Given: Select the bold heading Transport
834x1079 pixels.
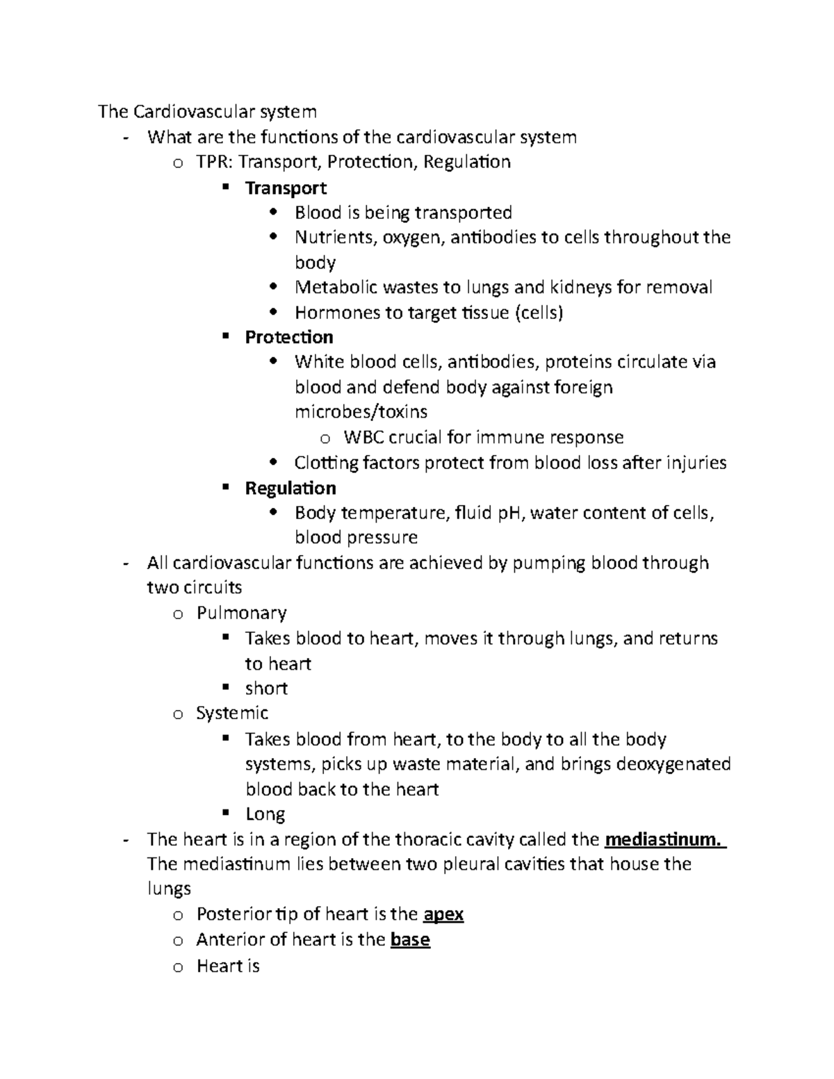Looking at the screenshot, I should (286, 188).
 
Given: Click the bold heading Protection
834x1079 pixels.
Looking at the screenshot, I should (288, 337).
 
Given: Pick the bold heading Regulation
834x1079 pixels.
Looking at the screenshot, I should (291, 488).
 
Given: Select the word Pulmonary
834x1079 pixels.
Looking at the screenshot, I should (241, 613).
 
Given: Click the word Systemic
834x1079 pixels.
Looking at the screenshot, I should (232, 714).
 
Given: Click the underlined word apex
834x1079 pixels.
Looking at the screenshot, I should (443, 914).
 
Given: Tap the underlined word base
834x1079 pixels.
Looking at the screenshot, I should (410, 940).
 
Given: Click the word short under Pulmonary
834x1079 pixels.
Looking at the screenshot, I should (266, 689).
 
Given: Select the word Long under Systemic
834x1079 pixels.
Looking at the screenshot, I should (265, 814).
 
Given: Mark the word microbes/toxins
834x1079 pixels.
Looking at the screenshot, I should (361, 412).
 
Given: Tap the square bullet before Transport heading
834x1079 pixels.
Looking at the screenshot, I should (225, 188).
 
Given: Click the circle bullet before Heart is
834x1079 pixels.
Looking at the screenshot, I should (178, 966).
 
